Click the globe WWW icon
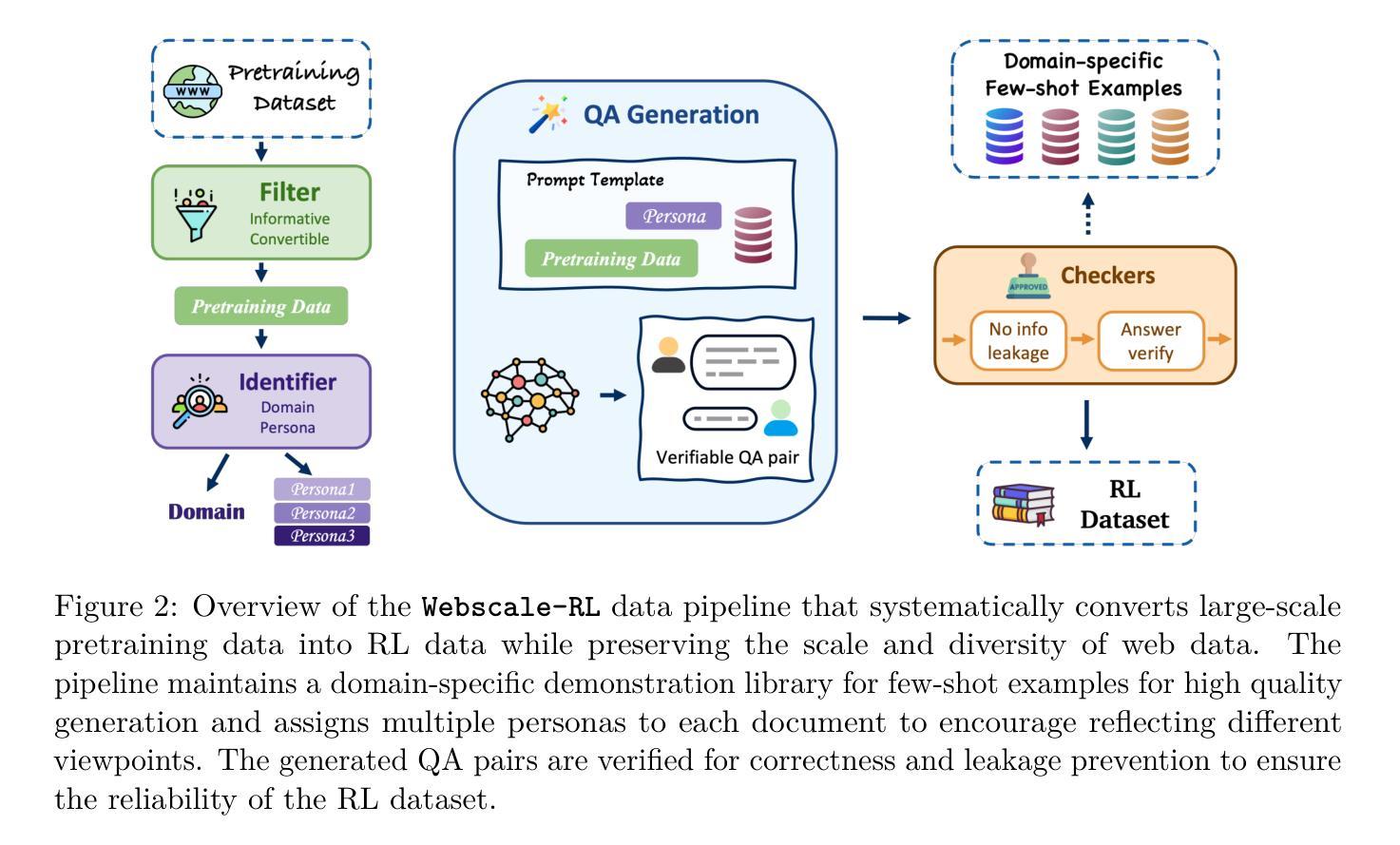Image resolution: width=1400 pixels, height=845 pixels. coord(193,91)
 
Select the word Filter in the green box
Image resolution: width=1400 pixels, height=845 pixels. coord(289,192)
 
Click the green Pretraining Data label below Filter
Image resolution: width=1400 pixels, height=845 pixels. coord(261,306)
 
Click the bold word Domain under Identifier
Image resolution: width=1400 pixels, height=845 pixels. coord(206,511)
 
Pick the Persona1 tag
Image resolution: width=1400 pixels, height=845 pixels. coord(322,490)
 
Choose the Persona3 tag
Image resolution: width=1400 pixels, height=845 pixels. coord(322,536)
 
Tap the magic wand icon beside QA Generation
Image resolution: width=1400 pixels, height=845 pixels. coord(548,114)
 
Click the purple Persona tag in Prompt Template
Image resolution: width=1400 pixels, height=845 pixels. coord(674,216)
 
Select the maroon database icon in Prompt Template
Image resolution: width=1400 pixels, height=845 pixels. coord(753,234)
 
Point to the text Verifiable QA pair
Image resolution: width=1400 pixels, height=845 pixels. coord(727,457)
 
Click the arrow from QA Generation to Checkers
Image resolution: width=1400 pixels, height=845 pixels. coord(886,317)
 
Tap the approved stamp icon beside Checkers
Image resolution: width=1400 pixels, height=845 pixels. coord(1027,277)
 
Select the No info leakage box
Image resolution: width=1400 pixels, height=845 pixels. coord(1018,340)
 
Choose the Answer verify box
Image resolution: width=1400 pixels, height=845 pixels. coord(1150,341)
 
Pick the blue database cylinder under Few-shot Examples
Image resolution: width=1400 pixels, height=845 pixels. coord(1005,136)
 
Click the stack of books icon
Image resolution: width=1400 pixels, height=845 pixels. coord(1024,505)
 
